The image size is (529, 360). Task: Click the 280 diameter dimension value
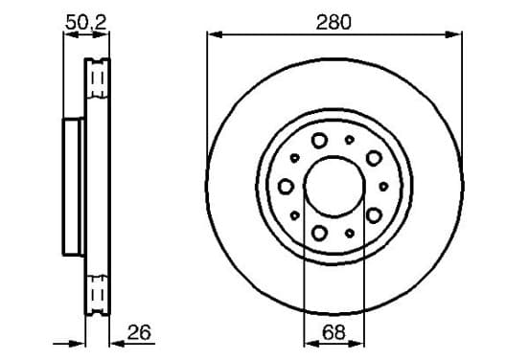333,22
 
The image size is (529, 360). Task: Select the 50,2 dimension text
86,22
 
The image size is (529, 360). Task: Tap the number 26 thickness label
139,332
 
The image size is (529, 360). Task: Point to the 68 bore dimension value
333,332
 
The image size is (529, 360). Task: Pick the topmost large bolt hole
319,140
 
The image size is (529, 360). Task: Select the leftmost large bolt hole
286,187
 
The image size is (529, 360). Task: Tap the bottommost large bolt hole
319,233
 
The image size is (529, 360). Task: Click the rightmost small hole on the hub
383,187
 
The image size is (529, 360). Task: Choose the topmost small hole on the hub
350,140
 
